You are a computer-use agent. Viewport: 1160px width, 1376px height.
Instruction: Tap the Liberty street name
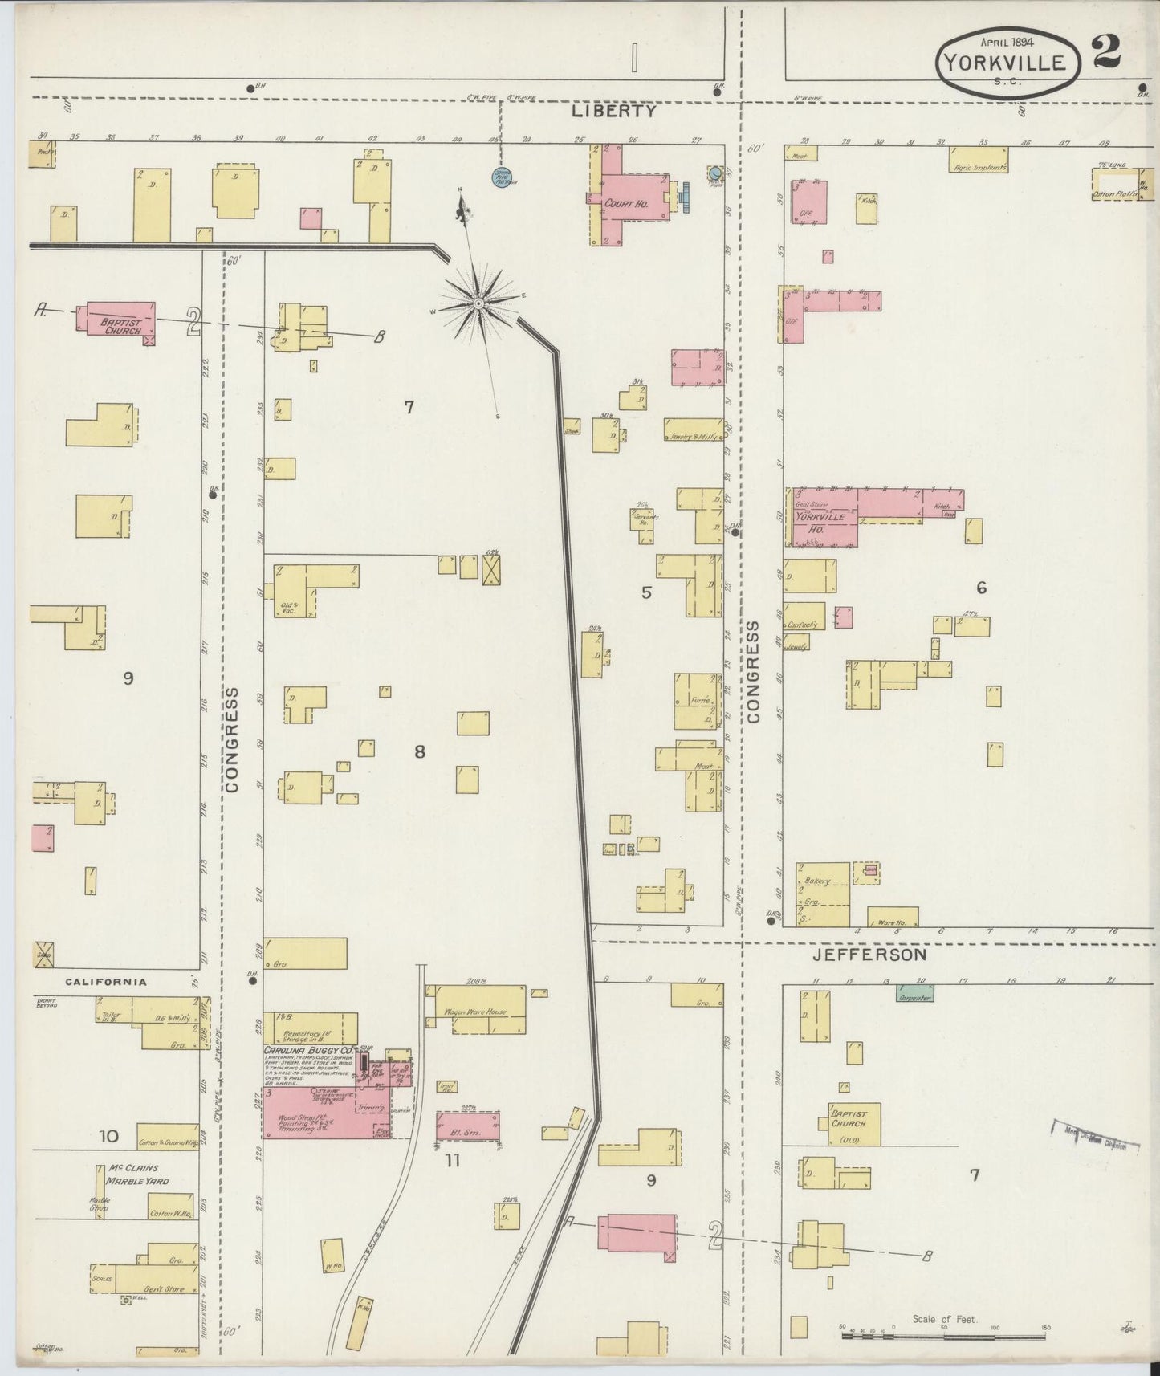click(614, 112)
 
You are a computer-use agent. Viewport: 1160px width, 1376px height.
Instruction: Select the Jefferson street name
click(869, 955)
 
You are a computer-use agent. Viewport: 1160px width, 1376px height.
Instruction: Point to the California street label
click(106, 981)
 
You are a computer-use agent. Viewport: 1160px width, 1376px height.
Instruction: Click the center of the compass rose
click(478, 303)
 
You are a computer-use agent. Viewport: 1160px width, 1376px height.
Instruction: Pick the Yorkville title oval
click(1005, 63)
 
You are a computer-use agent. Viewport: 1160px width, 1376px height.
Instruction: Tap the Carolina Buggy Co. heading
click(309, 1050)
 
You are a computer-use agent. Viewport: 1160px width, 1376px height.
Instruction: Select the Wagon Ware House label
click(475, 1012)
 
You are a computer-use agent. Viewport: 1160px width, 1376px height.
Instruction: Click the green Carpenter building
click(914, 993)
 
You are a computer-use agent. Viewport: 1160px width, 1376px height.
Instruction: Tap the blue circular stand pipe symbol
click(503, 177)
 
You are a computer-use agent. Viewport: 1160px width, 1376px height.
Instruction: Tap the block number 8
click(419, 752)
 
